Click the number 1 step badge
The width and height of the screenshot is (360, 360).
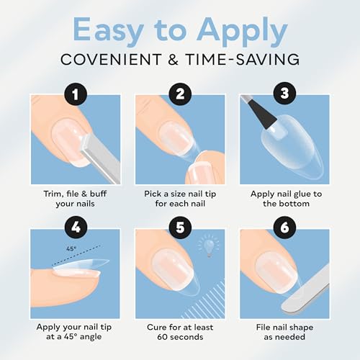pyautogui.click(x=76, y=94)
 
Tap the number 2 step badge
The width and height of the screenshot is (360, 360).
pyautogui.click(x=180, y=94)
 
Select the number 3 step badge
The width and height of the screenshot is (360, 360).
pyautogui.click(x=285, y=93)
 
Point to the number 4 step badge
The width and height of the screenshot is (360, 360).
pyautogui.click(x=76, y=227)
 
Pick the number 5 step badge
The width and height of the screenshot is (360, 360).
pyautogui.click(x=180, y=227)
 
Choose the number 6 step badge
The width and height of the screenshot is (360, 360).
pyautogui.click(x=285, y=227)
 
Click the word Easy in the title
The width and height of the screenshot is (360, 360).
pyautogui.click(x=108, y=31)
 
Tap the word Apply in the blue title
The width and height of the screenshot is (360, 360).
pyautogui.click(x=242, y=31)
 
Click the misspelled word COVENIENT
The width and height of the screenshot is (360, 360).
pyautogui.click(x=111, y=59)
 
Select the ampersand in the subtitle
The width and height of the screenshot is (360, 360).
pyautogui.click(x=174, y=59)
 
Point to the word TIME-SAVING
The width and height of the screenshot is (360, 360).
pyautogui.click(x=243, y=59)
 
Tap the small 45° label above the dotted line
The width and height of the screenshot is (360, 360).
pyautogui.click(x=71, y=248)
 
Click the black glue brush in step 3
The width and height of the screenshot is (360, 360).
pyautogui.click(x=261, y=114)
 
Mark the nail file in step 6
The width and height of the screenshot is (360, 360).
pyautogui.click(x=306, y=289)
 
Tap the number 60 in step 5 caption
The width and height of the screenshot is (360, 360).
pyautogui.click(x=163, y=337)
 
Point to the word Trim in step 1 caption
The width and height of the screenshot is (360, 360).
pyautogui.click(x=51, y=194)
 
